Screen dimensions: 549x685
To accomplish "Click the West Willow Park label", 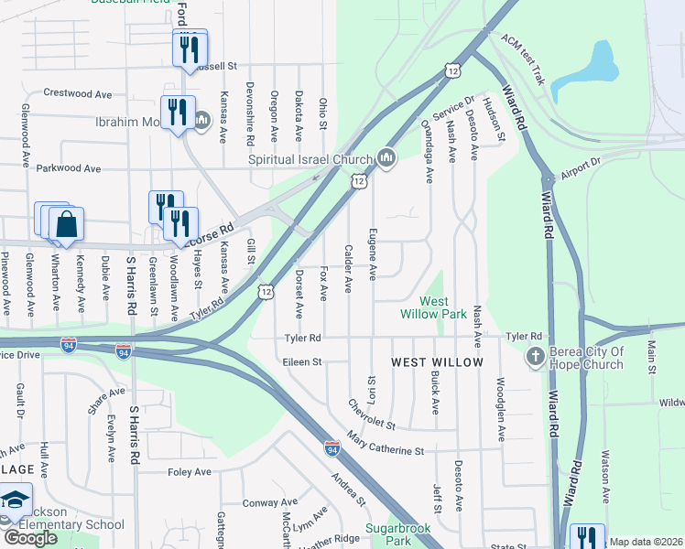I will [434, 307].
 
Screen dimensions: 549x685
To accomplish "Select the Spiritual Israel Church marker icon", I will [386, 159].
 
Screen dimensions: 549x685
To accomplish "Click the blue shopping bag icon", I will [67, 224].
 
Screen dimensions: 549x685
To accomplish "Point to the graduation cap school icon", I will [16, 501].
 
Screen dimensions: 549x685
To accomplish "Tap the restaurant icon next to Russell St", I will [189, 48].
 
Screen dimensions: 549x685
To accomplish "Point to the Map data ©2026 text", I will [646, 542].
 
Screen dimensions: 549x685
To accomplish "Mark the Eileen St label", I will [303, 361].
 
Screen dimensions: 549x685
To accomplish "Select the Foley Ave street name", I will [190, 472].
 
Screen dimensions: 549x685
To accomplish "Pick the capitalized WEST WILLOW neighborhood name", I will [437, 363].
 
